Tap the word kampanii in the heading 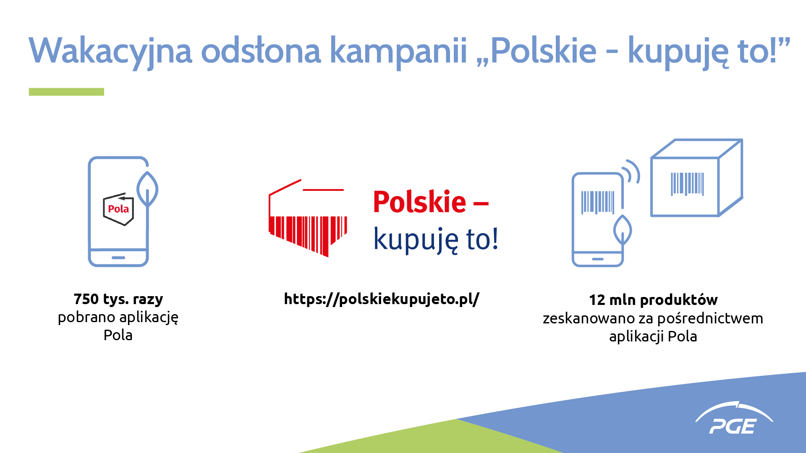398,51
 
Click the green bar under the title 66,92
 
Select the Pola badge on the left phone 118,209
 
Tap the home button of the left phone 118,258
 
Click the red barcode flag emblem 308,218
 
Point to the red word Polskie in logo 419,202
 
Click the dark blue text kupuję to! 436,240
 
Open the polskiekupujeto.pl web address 382,299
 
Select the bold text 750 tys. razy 118,299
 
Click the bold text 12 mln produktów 653,300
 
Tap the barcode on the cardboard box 687,184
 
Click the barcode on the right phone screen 598,203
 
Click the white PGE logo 734,418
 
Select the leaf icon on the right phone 623,230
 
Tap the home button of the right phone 598,259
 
